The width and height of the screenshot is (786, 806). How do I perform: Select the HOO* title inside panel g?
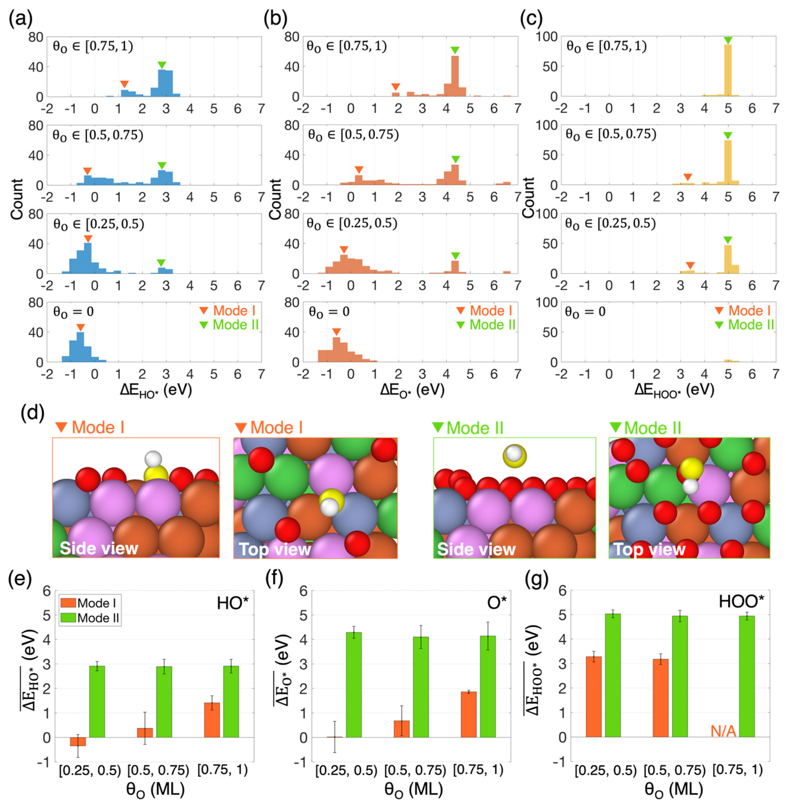coord(741,602)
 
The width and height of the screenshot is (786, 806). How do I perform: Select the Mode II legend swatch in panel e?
coord(68,618)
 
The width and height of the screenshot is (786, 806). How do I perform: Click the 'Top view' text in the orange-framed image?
coord(274,549)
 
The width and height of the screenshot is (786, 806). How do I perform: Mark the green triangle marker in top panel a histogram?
coord(162,65)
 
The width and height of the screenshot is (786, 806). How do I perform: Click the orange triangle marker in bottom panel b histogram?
coord(336,332)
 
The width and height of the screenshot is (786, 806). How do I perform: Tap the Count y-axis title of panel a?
coord(16,199)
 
